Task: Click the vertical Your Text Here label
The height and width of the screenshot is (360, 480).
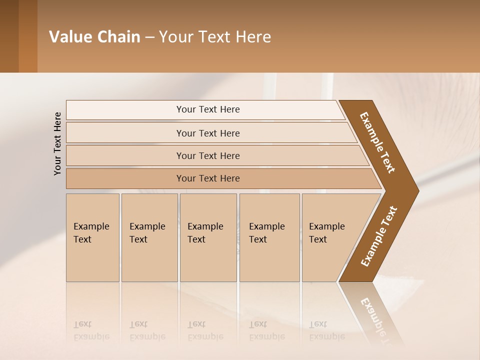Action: click(x=57, y=144)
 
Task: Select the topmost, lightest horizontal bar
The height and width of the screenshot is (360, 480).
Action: click(x=125, y=109)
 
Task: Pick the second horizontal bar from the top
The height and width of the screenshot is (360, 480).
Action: click(x=125, y=133)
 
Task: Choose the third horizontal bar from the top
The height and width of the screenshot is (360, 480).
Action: click(x=125, y=155)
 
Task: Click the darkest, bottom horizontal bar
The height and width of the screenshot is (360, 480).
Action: click(x=125, y=178)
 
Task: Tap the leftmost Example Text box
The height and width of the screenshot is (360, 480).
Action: click(x=92, y=237)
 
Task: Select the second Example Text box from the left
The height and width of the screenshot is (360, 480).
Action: click(x=149, y=237)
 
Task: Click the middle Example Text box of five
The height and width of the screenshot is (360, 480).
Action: click(x=208, y=237)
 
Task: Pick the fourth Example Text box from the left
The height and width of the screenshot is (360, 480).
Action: click(x=269, y=237)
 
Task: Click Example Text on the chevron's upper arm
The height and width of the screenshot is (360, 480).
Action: click(x=378, y=142)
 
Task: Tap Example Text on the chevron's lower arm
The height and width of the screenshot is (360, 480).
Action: click(x=379, y=236)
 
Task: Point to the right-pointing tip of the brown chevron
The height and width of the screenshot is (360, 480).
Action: click(x=416, y=190)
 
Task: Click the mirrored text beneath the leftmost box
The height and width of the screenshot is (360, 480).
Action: click(x=91, y=330)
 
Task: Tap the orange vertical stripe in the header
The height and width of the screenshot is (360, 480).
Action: click(x=28, y=36)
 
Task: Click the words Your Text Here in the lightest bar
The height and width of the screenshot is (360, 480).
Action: click(x=208, y=109)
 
